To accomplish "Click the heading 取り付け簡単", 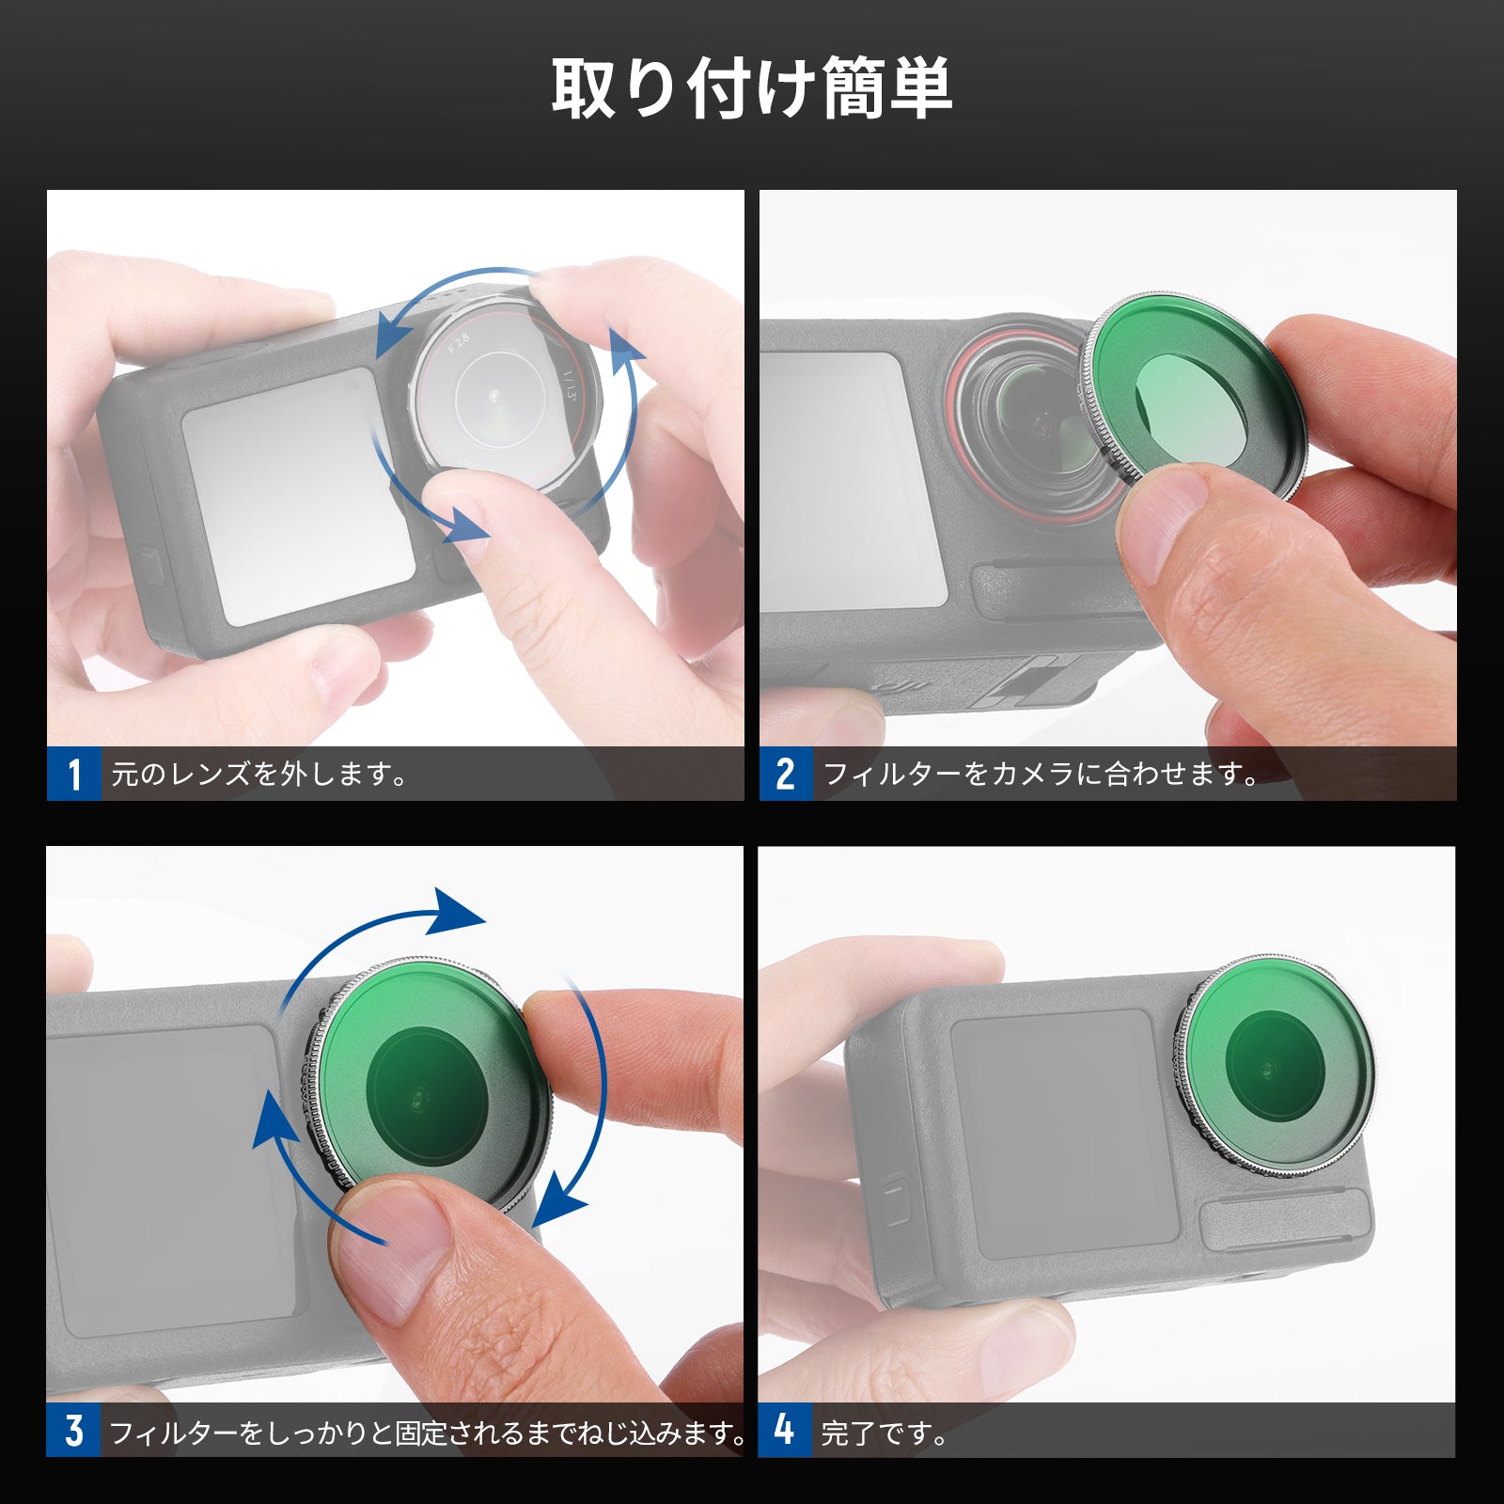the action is coord(752,88).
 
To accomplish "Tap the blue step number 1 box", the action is coord(74,774).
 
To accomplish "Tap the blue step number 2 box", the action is coord(786,774).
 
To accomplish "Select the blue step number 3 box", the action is coord(73,1430).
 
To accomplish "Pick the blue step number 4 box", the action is coord(785,1430).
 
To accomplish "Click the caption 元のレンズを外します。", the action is coord(259,775).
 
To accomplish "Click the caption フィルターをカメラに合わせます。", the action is coord(1041,775).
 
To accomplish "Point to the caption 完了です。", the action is coord(885,1432).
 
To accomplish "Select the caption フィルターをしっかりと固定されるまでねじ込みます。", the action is coord(429,1432).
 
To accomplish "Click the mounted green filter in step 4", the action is coord(1276,1066).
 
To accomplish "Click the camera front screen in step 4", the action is coord(1065,1134).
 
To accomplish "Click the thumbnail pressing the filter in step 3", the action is coord(395,1250).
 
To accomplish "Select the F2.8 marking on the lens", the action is coord(459,342).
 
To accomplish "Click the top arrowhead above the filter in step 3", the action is coord(454,911).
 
